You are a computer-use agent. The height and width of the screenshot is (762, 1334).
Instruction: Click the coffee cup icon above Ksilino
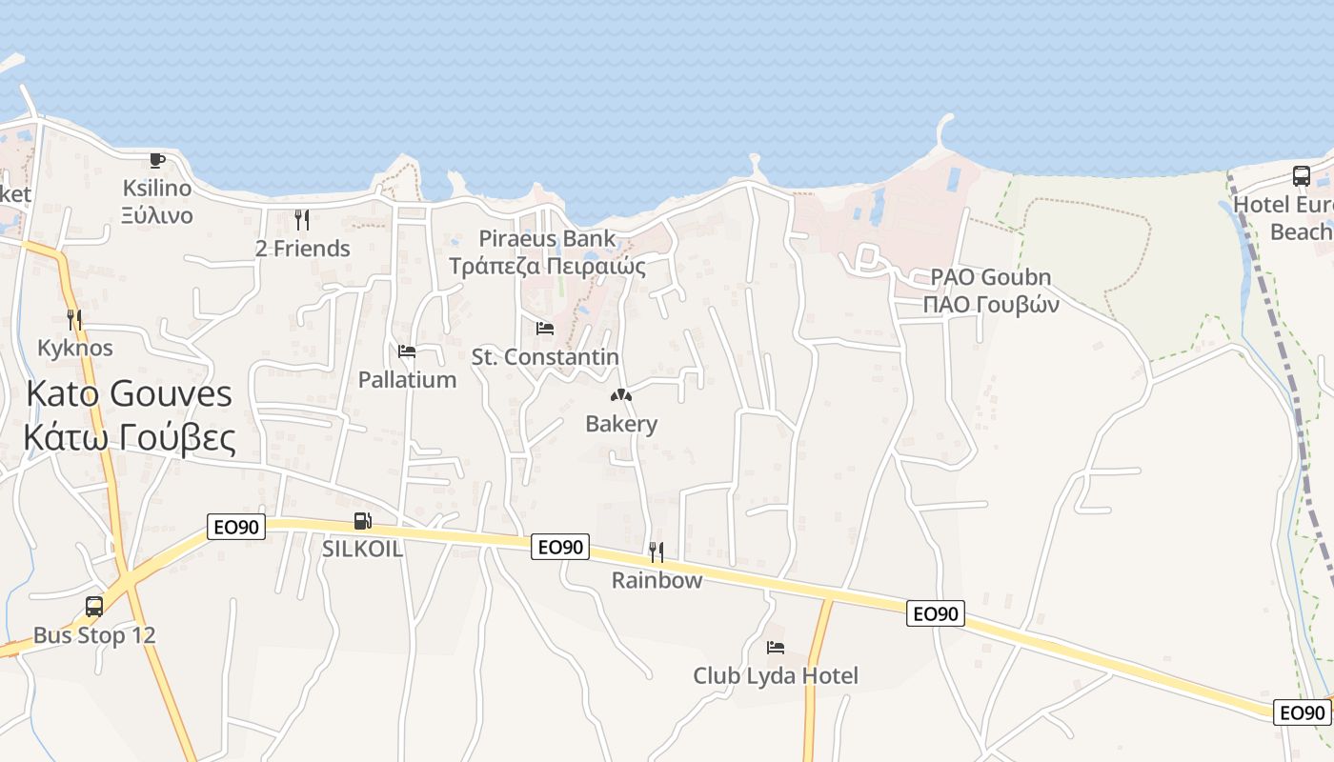(x=157, y=160)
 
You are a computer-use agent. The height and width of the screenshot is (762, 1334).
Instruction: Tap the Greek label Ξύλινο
(x=157, y=215)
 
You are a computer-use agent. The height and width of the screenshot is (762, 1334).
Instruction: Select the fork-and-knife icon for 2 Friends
(x=302, y=220)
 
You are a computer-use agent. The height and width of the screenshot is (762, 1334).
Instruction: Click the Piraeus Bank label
(x=547, y=238)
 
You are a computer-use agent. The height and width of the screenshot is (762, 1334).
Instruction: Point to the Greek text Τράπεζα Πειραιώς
(x=547, y=266)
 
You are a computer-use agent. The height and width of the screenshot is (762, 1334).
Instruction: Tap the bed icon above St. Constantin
(x=545, y=329)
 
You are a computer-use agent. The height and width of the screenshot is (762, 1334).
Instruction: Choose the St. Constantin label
(x=545, y=357)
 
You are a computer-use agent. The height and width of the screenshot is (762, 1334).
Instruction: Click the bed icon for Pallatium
(x=407, y=351)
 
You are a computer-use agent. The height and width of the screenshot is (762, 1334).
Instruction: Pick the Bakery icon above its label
(x=621, y=395)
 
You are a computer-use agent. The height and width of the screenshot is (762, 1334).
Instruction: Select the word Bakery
(x=621, y=424)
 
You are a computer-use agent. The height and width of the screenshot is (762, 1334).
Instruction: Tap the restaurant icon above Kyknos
(x=74, y=319)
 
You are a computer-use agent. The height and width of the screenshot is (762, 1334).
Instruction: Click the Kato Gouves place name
(x=130, y=393)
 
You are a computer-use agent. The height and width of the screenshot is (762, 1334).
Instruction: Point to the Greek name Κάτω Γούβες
(x=130, y=437)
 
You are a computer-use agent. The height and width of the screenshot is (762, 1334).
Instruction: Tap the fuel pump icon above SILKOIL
(x=362, y=521)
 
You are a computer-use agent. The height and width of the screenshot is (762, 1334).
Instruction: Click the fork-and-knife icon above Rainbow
(x=657, y=552)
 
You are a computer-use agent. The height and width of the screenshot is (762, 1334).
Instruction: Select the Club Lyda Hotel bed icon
(x=776, y=648)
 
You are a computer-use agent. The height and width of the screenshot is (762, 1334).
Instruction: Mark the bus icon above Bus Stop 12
(x=94, y=607)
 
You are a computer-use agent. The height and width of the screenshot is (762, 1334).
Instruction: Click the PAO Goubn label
(x=991, y=277)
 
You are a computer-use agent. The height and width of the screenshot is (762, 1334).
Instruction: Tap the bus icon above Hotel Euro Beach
(x=1302, y=175)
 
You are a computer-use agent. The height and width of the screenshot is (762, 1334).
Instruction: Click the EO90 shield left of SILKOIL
(x=235, y=527)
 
